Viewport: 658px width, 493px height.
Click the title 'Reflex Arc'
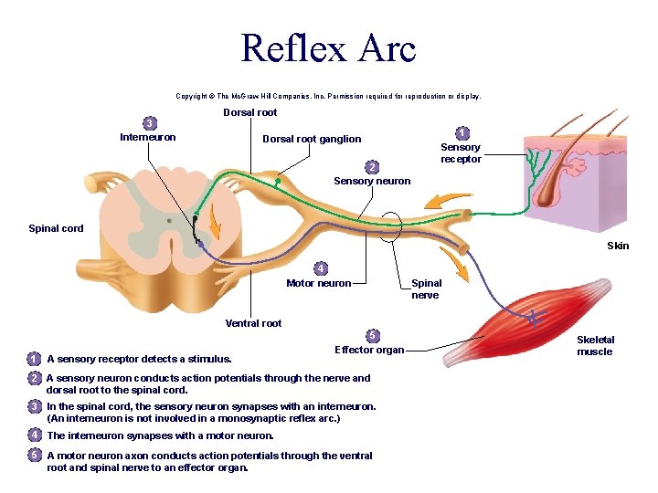tap(328, 47)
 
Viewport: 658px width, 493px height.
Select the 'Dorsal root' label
tap(249, 112)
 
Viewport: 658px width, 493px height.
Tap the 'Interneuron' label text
tap(148, 137)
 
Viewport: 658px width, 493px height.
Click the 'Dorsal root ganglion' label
tap(312, 139)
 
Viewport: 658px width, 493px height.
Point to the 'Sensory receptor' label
tap(461, 152)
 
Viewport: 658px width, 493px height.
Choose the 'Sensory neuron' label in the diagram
tap(372, 181)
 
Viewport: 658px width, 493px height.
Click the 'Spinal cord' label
tap(56, 228)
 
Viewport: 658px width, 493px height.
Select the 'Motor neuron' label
tap(318, 283)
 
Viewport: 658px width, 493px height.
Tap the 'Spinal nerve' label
tap(425, 288)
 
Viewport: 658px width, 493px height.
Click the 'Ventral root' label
tap(253, 323)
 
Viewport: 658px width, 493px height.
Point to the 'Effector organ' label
tap(369, 350)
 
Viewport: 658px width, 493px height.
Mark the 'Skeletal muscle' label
tap(595, 345)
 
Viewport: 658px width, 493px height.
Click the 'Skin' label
tap(618, 245)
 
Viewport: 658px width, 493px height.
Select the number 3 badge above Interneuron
tap(148, 123)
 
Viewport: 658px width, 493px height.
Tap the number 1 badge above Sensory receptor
tap(462, 133)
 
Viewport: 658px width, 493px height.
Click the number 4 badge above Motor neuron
tap(320, 268)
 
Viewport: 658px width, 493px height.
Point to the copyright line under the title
tap(328, 95)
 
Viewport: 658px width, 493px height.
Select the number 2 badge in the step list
tap(34, 378)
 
